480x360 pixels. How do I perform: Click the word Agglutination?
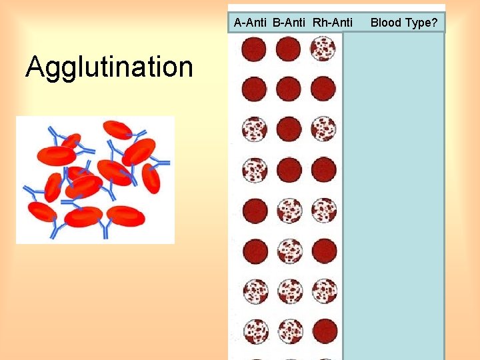[109, 67]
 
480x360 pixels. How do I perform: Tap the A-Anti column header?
[251, 23]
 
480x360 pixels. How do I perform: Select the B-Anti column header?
[289, 23]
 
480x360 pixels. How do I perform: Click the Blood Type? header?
[404, 23]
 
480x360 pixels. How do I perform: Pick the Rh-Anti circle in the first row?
[323, 49]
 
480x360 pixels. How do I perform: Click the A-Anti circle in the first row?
[254, 49]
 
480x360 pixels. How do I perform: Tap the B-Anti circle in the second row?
[289, 89]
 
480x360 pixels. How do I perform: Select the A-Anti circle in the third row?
[254, 129]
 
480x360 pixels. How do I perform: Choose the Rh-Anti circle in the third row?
[323, 129]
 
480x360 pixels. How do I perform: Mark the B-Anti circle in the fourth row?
[289, 170]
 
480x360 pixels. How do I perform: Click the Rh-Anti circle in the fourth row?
[323, 170]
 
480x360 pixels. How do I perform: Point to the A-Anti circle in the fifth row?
[254, 211]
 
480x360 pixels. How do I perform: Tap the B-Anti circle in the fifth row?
[289, 211]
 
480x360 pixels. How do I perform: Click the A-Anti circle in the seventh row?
[255, 291]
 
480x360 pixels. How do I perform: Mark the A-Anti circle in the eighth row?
[255, 331]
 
